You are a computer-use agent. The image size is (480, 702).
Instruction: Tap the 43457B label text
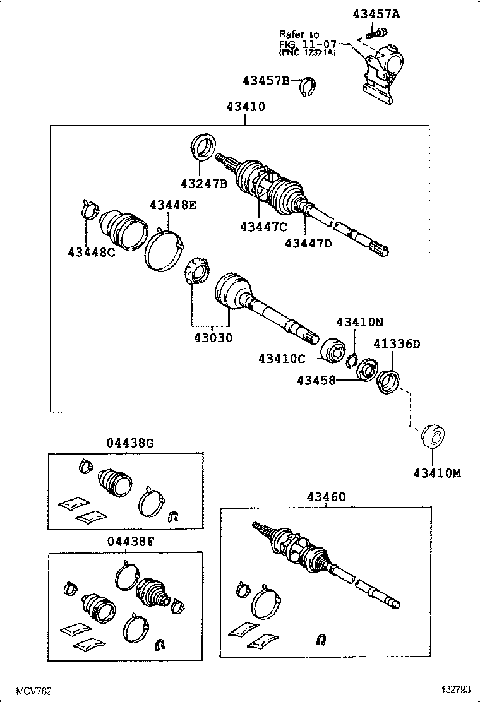[266, 81]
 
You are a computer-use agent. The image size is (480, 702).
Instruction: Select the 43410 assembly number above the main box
[246, 107]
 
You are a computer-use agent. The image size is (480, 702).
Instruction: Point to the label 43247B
[203, 184]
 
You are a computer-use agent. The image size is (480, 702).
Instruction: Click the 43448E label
[173, 205]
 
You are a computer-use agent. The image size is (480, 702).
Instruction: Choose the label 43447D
[308, 242]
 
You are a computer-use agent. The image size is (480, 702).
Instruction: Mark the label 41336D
[397, 344]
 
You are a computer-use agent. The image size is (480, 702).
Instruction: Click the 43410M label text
[437, 473]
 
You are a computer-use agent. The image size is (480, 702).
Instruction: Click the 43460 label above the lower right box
[326, 497]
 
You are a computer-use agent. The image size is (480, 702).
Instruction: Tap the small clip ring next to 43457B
[309, 86]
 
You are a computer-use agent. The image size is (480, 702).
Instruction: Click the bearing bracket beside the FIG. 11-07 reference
[380, 71]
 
